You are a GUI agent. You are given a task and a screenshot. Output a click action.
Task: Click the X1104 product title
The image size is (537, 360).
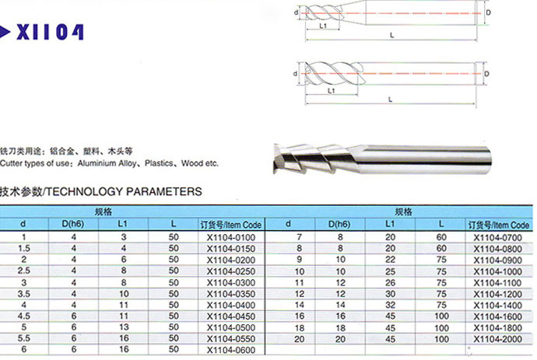pyautogui.click(x=50, y=32)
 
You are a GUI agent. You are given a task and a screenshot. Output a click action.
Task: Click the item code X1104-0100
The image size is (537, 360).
pyautogui.click(x=231, y=237)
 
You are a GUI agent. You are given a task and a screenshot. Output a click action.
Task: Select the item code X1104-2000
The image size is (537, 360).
pyautogui.click(x=497, y=339)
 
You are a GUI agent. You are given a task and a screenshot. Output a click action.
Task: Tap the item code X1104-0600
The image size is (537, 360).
pyautogui.click(x=231, y=350)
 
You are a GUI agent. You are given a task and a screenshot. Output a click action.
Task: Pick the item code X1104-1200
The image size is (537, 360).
pyautogui.click(x=497, y=294)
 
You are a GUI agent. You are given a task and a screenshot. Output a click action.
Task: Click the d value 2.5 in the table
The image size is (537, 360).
pyautogui.click(x=23, y=271)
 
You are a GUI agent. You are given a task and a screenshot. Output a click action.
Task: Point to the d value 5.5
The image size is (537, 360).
pyautogui.click(x=23, y=338)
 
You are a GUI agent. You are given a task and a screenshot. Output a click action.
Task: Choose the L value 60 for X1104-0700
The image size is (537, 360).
pyautogui.click(x=441, y=237)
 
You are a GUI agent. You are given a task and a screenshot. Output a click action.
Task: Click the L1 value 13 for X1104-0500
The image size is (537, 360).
pyautogui.click(x=124, y=327)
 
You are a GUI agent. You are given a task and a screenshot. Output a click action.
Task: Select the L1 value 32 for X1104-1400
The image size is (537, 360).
pyautogui.click(x=390, y=305)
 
